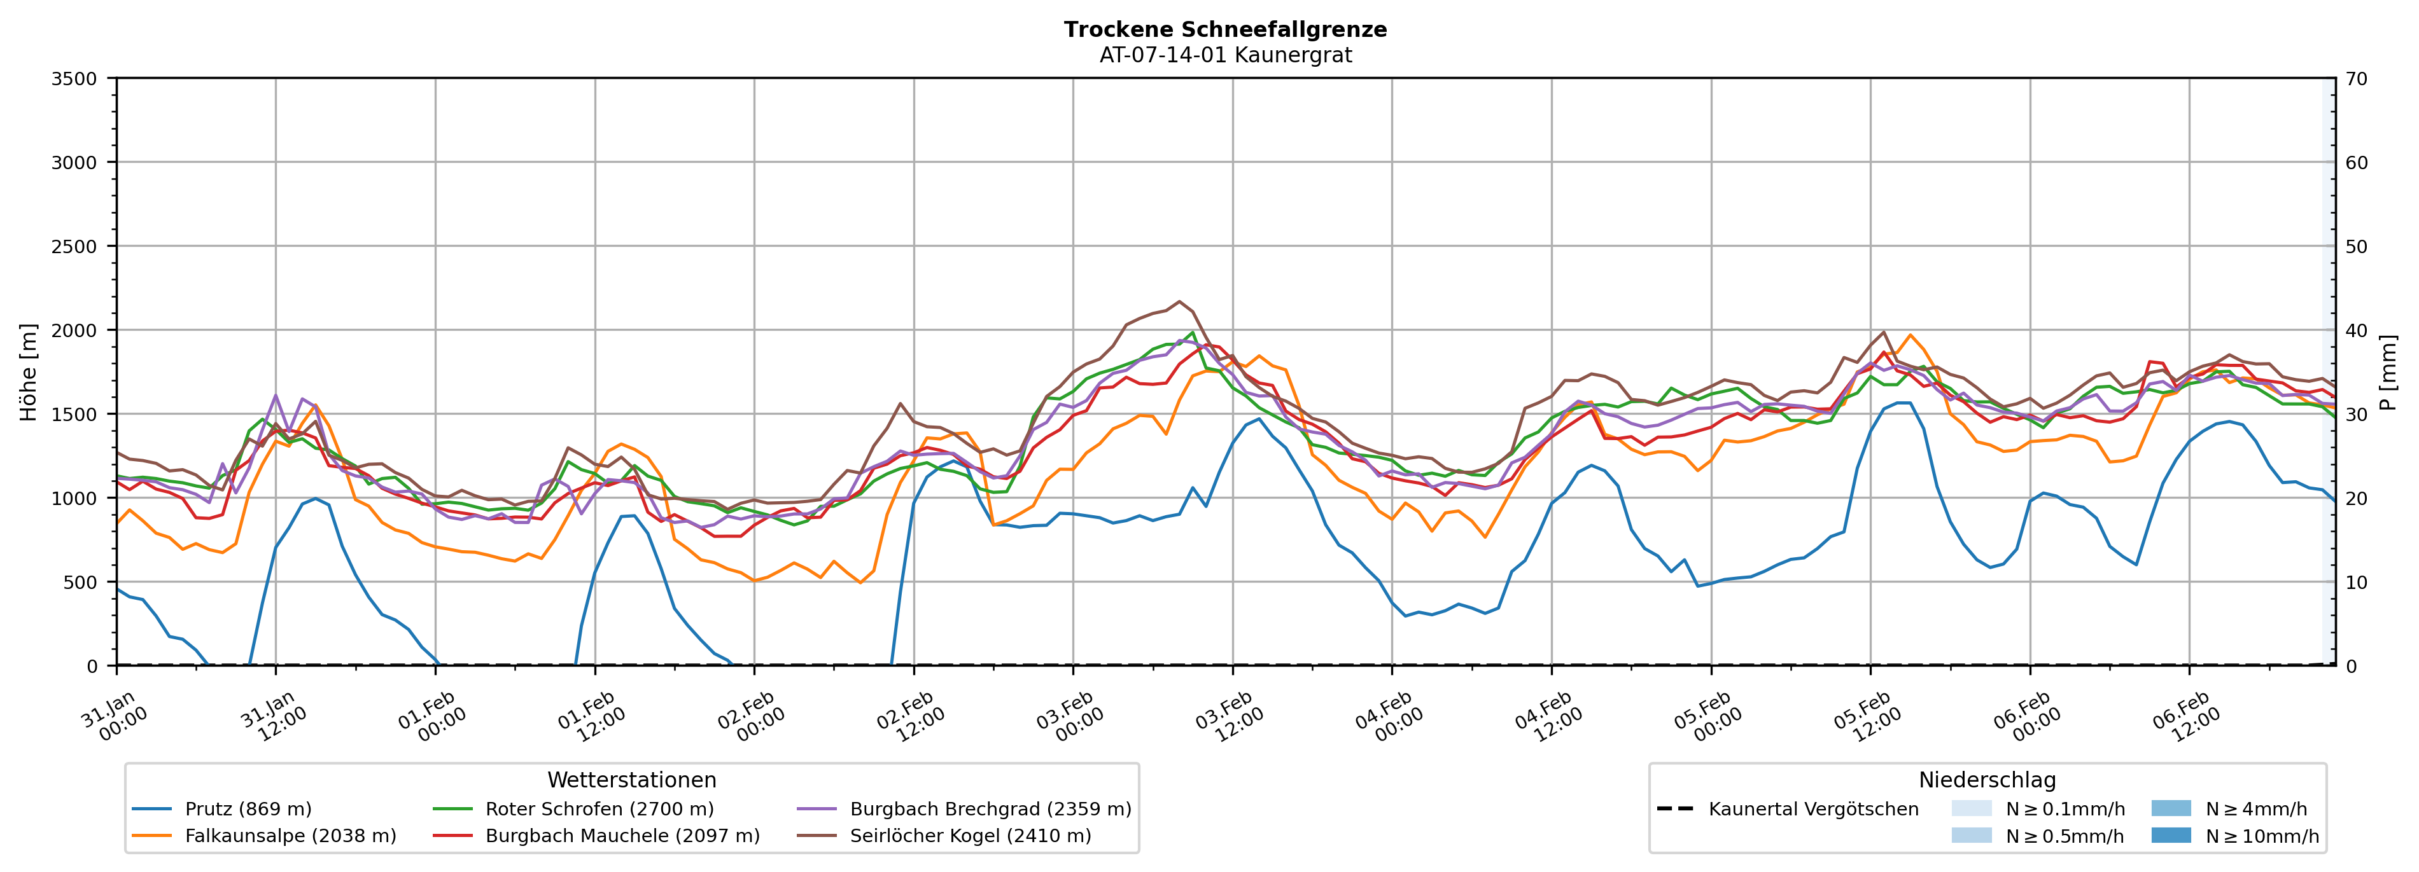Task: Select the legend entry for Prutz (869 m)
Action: click(x=248, y=809)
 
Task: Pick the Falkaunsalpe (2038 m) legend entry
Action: click(x=290, y=835)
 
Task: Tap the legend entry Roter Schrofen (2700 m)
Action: click(x=599, y=809)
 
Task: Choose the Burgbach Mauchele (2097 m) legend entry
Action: click(x=622, y=835)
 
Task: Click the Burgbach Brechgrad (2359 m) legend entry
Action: click(x=990, y=809)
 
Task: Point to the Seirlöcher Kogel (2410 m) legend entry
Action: click(x=970, y=835)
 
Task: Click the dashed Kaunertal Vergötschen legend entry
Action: click(x=1812, y=809)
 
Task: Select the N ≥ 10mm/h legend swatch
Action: click(x=2170, y=835)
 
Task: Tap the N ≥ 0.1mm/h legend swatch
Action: click(x=1971, y=809)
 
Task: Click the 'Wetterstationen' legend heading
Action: click(x=631, y=780)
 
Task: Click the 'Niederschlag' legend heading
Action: click(x=1987, y=780)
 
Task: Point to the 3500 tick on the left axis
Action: click(x=74, y=79)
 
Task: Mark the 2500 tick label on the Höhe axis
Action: click(x=74, y=247)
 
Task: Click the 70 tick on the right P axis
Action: click(x=2356, y=79)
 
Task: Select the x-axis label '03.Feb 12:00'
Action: click(x=1228, y=718)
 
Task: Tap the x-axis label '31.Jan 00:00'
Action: click(x=114, y=718)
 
